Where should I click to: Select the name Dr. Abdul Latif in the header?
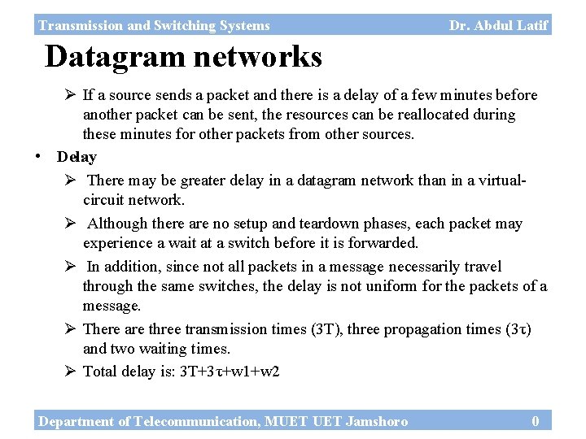(x=498, y=25)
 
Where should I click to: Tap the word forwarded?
(x=384, y=243)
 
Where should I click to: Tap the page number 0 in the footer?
(x=535, y=421)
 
